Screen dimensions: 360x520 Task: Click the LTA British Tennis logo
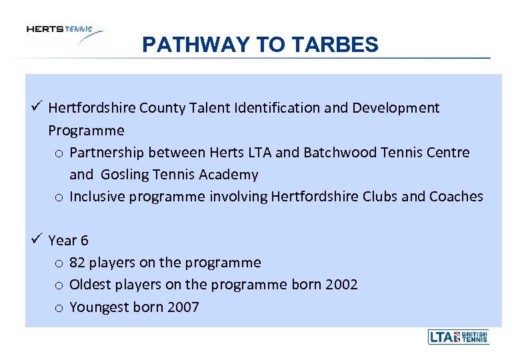click(x=458, y=337)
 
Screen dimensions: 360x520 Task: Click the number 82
click(x=77, y=263)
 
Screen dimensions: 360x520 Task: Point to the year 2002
click(x=341, y=285)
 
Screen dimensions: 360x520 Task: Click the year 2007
click(x=183, y=307)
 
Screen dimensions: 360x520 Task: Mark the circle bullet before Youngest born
click(x=59, y=308)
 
